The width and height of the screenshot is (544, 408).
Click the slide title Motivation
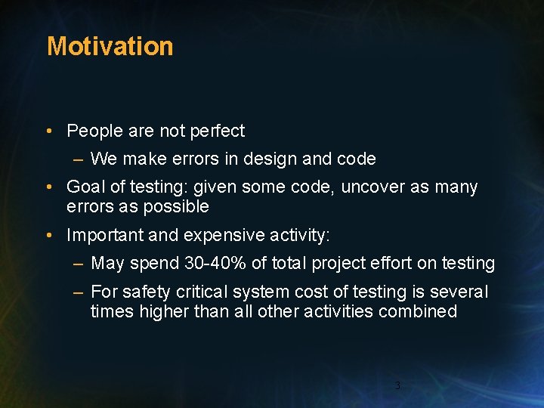tap(110, 46)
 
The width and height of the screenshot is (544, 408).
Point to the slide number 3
tap(397, 386)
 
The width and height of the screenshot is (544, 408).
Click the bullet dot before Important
tap(48, 236)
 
